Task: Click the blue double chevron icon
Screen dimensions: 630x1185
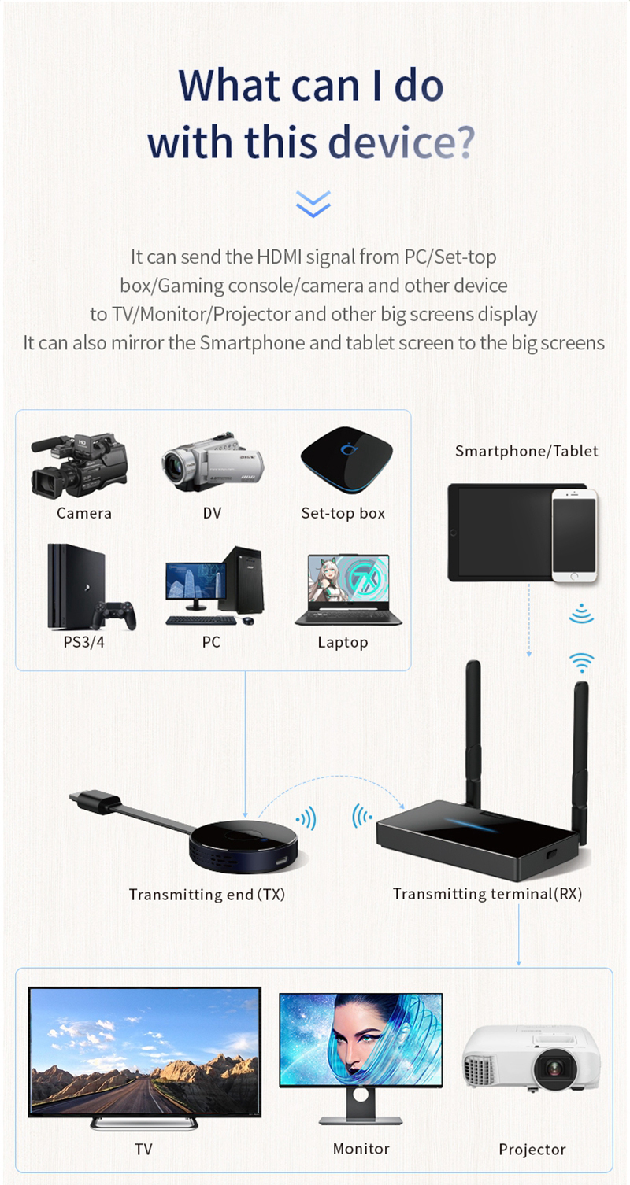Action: point(313,204)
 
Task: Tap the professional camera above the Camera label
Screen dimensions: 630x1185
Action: point(80,466)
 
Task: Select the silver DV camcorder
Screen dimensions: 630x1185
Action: point(213,462)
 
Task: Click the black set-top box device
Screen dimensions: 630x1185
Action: point(346,460)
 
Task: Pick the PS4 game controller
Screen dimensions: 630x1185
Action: point(114,615)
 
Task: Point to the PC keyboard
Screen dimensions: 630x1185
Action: point(201,620)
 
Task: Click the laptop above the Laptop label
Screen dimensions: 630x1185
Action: point(348,589)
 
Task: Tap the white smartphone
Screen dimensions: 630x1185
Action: point(574,535)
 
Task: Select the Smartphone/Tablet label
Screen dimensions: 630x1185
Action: point(527,451)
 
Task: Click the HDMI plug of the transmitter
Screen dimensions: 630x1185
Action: point(95,799)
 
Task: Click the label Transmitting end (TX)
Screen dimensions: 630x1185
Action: point(207,895)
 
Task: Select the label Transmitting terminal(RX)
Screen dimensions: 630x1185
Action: point(487,894)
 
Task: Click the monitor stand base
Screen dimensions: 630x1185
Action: point(361,1120)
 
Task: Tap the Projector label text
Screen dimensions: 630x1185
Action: point(532,1150)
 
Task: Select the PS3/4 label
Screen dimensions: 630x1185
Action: point(83,642)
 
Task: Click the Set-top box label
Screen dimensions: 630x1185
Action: point(343,513)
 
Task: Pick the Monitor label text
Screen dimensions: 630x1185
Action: point(361,1149)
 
